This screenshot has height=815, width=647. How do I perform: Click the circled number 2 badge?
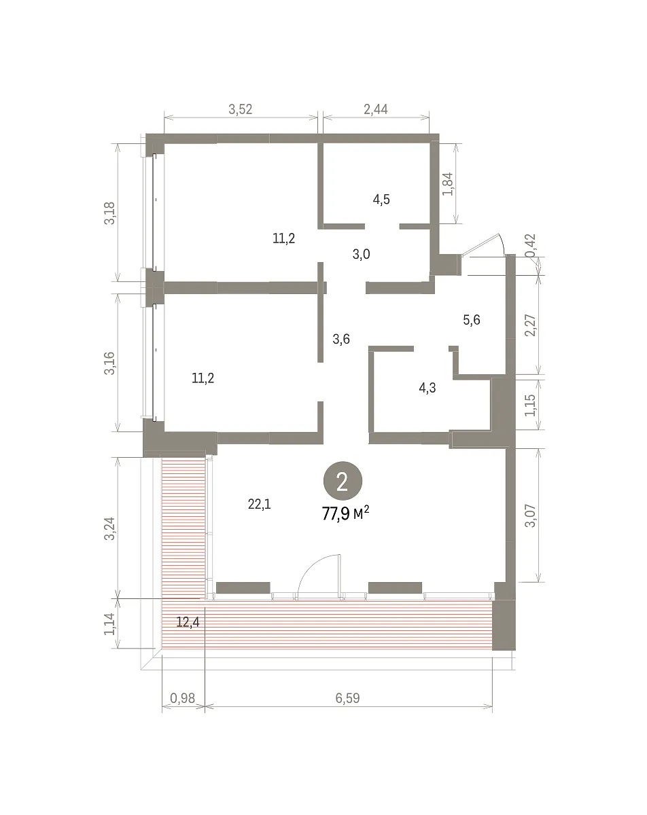point(343,481)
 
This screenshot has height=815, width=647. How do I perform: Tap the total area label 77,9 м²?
point(345,514)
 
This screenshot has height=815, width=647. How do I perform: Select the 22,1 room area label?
point(259,505)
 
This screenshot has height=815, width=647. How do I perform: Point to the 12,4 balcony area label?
point(188,622)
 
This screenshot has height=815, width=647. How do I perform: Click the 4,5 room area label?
point(381,199)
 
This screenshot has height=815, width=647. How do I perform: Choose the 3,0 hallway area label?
point(361,254)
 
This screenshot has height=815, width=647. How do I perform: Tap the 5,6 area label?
point(472,320)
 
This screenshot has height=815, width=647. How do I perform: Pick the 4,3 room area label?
point(427,388)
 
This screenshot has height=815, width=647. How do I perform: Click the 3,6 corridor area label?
point(341,339)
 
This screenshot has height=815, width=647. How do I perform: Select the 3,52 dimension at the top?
point(241,109)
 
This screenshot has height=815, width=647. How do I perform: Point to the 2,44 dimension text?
point(376,109)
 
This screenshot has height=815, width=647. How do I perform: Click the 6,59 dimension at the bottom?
point(347,698)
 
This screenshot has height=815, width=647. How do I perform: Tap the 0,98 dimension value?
point(182,698)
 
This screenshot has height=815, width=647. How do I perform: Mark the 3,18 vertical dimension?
point(109,213)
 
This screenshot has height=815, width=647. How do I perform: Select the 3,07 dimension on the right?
point(531,515)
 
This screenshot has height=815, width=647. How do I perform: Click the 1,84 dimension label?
point(448,183)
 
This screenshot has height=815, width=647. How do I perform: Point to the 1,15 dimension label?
point(531,405)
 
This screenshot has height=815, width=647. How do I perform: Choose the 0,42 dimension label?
point(531,245)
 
